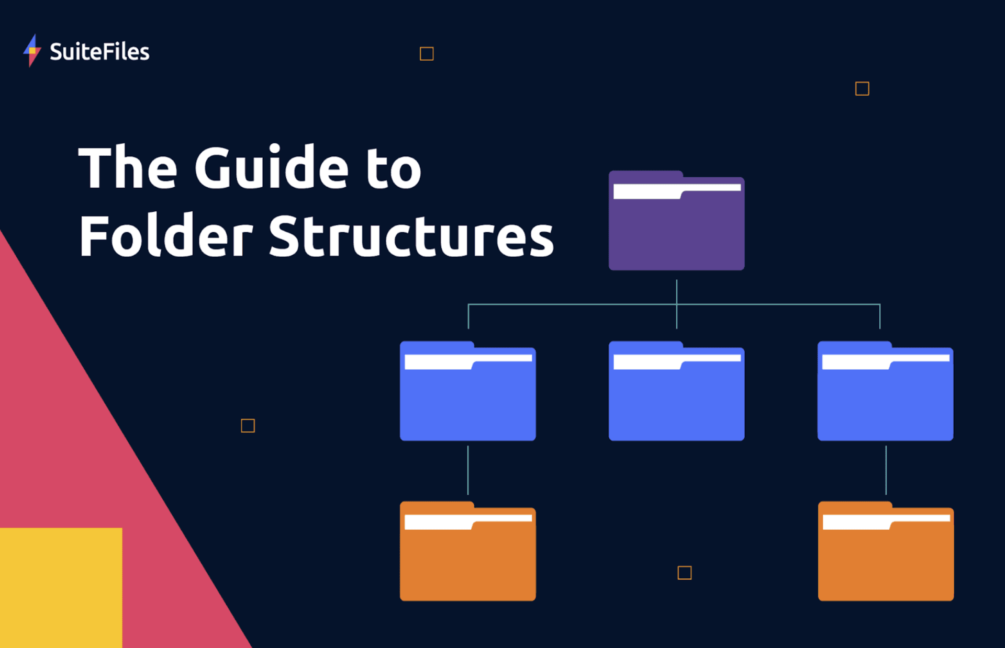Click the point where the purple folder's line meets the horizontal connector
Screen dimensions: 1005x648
click(676, 304)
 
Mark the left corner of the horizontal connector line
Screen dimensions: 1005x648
click(468, 304)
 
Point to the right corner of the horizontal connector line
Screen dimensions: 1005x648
click(880, 304)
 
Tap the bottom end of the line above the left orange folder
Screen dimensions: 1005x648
click(468, 494)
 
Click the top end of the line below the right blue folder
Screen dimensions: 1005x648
click(886, 446)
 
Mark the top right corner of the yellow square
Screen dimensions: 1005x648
click(122, 528)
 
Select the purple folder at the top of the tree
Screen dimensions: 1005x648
click(676, 220)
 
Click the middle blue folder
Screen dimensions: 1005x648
click(676, 391)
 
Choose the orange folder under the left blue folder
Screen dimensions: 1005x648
click(468, 551)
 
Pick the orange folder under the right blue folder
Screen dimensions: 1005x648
click(886, 551)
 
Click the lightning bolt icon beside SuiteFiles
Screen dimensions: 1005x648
click(32, 51)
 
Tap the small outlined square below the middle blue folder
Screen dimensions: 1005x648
click(685, 573)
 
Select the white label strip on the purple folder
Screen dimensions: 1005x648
click(677, 191)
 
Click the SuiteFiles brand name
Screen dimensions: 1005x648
click(99, 52)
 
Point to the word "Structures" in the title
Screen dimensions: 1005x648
click(411, 236)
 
